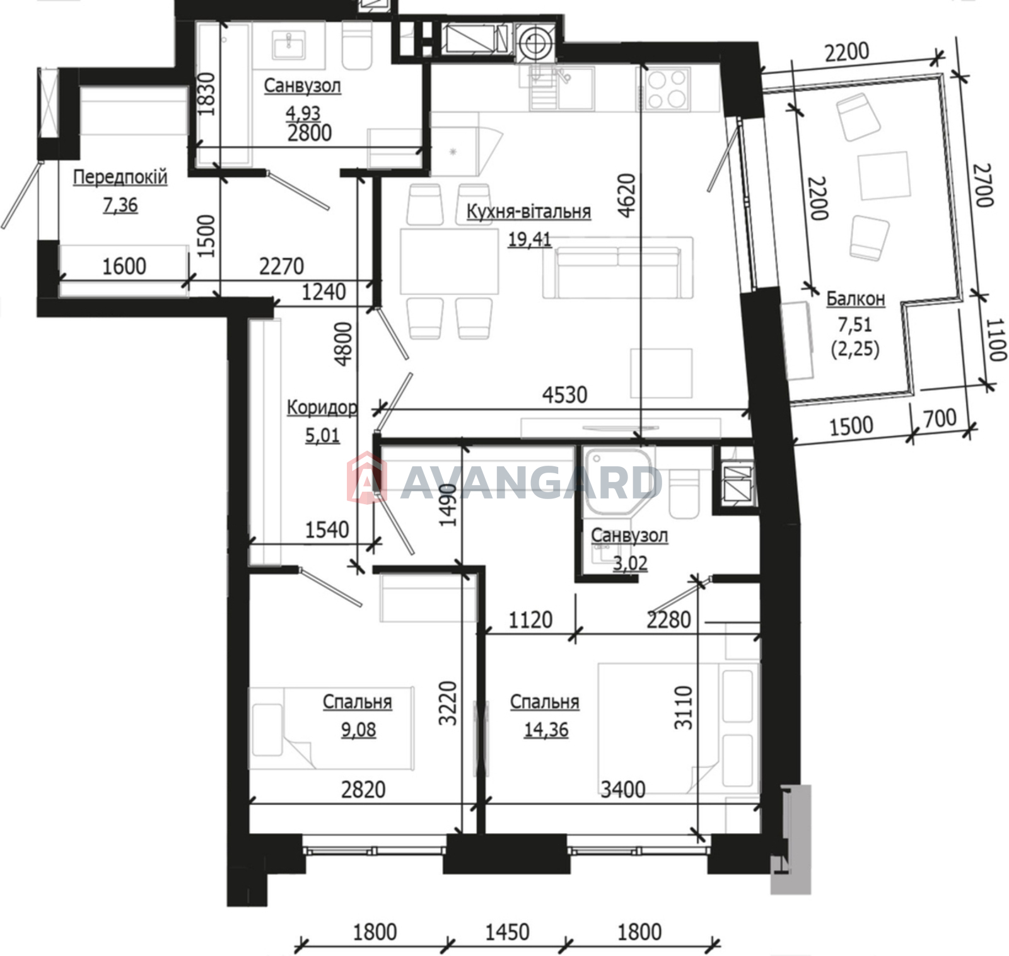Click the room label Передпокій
point(120,177)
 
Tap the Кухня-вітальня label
point(528,211)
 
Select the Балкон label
point(856,298)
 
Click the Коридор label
point(322,408)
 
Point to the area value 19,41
point(530,239)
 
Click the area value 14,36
point(546,730)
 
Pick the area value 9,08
point(358,730)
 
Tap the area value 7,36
point(120,205)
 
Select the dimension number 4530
point(564,395)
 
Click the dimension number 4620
point(627,196)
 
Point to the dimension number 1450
point(507,931)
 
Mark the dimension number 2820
point(363,789)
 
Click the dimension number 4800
point(343,344)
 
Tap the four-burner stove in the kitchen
point(667,89)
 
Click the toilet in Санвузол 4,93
point(357,47)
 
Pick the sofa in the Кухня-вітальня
point(618,267)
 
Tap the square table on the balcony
point(884,176)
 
